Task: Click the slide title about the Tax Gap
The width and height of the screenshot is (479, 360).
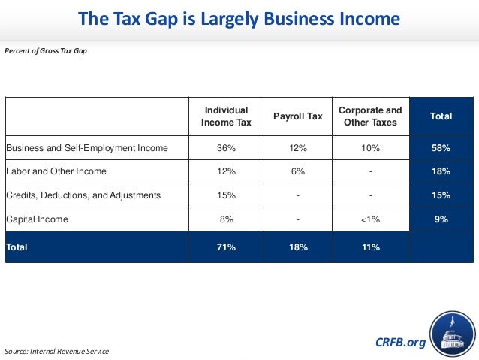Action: [239, 18]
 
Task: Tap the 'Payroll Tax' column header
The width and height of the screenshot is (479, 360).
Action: [298, 116]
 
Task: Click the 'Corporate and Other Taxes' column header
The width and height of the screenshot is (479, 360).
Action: [370, 116]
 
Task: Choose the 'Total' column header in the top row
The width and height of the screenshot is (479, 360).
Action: [441, 116]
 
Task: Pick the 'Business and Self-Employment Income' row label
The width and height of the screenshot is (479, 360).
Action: [87, 148]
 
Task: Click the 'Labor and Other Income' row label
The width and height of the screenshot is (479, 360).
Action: [57, 171]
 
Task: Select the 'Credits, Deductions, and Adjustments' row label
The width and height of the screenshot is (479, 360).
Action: [83, 195]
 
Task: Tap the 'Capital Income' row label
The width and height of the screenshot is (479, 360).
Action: [37, 219]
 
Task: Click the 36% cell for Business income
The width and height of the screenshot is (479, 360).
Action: [226, 148]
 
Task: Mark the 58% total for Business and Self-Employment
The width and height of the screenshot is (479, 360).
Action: [441, 148]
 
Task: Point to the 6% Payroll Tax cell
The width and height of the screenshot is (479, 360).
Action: [298, 171]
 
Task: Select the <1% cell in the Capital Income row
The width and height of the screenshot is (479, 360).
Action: [370, 219]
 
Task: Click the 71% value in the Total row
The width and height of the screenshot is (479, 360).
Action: [226, 247]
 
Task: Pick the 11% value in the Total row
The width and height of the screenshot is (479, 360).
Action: [370, 247]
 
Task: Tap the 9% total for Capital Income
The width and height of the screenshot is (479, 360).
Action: [441, 219]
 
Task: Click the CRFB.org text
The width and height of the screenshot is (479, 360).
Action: [399, 343]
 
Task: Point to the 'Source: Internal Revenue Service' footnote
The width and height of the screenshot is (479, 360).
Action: [56, 351]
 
